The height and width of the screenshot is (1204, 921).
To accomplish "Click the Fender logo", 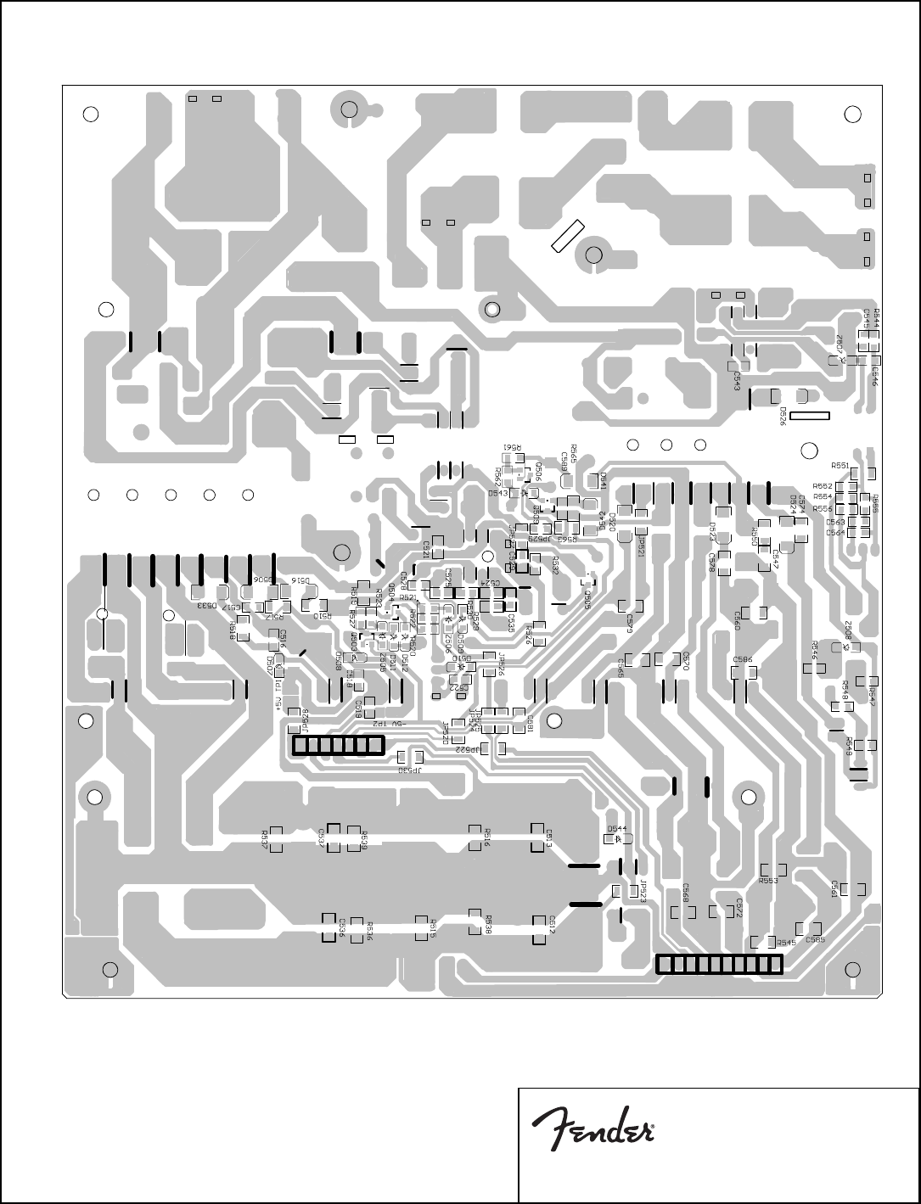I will pos(592,1131).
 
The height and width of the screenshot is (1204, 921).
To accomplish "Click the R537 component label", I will pos(265,839).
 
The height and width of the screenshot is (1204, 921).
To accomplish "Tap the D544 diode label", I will pos(617,828).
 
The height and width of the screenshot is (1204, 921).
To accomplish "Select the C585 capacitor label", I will pos(815,939).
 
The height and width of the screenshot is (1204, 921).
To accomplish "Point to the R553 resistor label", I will pos(768,881).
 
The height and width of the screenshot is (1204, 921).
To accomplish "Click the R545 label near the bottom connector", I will pos(786,943).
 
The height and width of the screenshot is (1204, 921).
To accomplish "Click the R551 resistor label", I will pos(840,465).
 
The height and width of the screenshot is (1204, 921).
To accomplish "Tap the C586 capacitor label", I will pos(743,659).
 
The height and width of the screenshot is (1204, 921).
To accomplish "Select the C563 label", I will pos(835,523).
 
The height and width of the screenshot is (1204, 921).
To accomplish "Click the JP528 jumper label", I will pos(293,722).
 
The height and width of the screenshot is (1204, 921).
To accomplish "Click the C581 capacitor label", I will pos(530,723).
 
